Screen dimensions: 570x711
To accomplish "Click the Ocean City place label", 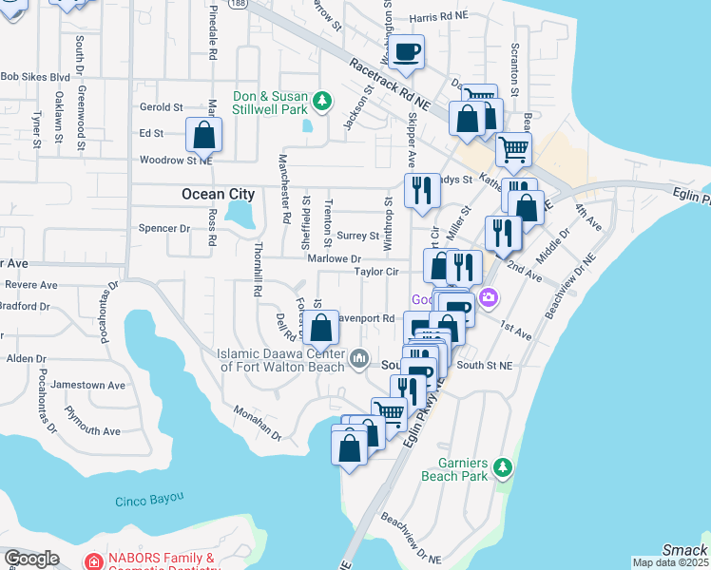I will pos(218,194).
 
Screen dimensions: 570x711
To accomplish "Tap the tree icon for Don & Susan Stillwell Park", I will pos(322,101).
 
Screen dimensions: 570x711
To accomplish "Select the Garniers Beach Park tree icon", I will pos(502,467).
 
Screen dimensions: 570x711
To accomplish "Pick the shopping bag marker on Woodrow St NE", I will pos(203,136).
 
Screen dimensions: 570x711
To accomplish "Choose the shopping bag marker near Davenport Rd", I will pos(322,329).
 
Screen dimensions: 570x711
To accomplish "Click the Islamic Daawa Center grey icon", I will pos(359,358).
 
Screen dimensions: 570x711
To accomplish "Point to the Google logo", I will pos(31,558).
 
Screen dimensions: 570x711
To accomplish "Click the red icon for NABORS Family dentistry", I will pos(92,562).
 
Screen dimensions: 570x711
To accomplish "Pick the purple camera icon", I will pos(489,298).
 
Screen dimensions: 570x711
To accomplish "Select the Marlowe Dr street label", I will pos(334,258).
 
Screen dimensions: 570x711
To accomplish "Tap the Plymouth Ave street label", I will pos(91,419).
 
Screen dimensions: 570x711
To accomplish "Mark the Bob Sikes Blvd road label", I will pos(35,77).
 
